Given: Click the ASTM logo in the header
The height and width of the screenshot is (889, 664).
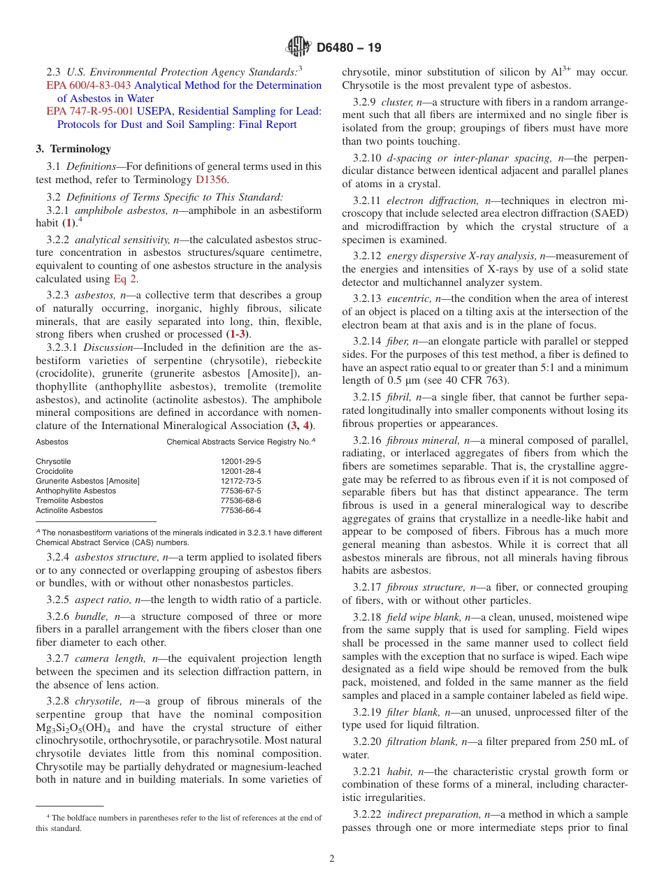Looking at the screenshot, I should [x=298, y=48].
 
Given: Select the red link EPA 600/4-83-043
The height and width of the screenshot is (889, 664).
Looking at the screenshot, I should [x=89, y=85].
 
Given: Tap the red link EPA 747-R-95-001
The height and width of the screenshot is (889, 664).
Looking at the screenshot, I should [x=88, y=111].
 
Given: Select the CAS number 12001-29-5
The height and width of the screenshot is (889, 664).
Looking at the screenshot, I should [x=241, y=462].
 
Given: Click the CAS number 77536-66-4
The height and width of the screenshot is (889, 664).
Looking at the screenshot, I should [x=241, y=511].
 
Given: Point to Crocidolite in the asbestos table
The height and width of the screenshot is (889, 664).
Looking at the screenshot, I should [x=55, y=472].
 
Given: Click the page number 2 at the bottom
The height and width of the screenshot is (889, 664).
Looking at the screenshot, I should [x=332, y=858].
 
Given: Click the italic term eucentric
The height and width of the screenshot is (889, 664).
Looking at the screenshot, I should [x=408, y=298].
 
